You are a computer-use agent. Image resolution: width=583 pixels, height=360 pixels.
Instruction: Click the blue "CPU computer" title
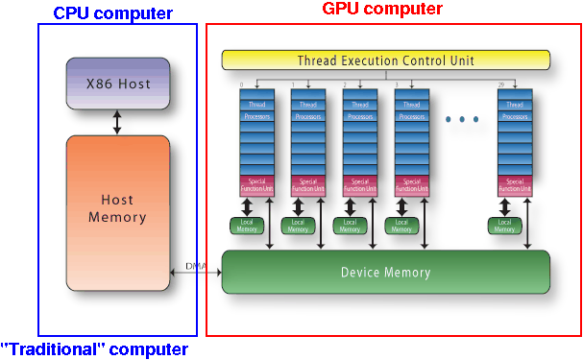112,13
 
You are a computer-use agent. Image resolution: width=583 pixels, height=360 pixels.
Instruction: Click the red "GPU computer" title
381,10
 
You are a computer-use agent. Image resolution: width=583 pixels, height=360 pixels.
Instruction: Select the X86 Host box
118,84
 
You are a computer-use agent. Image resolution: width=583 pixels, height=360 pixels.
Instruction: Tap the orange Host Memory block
118,208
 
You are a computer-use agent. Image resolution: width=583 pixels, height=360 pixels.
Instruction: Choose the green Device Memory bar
386,273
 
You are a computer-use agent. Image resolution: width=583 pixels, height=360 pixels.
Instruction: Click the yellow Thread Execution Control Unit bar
386,60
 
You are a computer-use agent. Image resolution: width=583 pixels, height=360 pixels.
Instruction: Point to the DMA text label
196,266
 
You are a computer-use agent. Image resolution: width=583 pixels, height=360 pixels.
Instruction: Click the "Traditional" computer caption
94,349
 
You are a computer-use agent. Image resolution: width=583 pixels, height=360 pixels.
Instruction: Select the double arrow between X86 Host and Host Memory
118,122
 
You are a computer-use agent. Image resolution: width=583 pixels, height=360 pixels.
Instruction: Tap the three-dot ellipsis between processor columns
462,120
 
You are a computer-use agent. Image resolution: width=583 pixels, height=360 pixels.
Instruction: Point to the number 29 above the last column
499,85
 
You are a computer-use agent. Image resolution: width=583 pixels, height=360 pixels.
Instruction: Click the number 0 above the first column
241,85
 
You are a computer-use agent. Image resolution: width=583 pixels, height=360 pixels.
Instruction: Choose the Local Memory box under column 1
300,226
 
